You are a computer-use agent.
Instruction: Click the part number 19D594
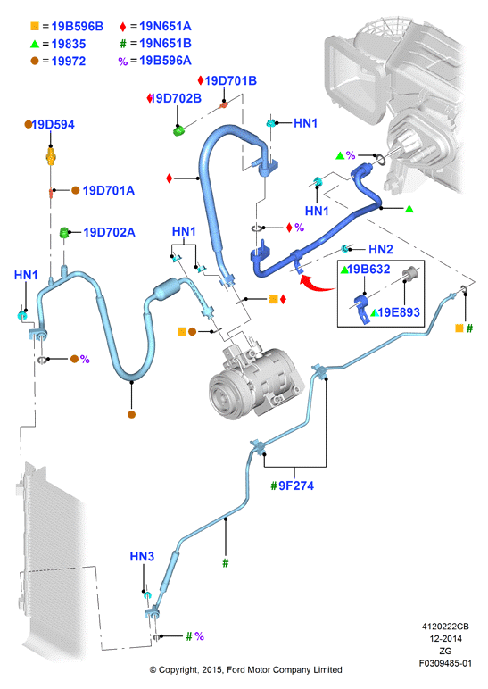point(54,125)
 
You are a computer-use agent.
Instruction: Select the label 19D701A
point(109,191)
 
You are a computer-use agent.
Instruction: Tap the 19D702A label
point(110,232)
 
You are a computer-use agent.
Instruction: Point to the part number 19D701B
point(230,81)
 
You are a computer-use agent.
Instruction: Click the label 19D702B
point(176,98)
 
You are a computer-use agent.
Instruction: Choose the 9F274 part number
point(296,486)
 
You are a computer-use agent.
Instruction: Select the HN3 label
point(142,557)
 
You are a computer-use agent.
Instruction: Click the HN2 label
point(381,250)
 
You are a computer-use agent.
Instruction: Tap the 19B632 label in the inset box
point(369,269)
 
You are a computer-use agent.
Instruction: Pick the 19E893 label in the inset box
point(399,312)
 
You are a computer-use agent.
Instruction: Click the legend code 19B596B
point(78,27)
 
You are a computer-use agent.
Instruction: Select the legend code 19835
point(69,45)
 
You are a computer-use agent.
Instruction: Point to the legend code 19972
point(69,62)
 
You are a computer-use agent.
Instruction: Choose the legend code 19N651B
point(166,44)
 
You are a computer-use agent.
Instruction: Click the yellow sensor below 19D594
point(52,156)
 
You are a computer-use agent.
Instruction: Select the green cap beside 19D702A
point(64,232)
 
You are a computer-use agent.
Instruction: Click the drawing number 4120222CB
point(445,627)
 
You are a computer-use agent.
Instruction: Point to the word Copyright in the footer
point(178,670)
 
